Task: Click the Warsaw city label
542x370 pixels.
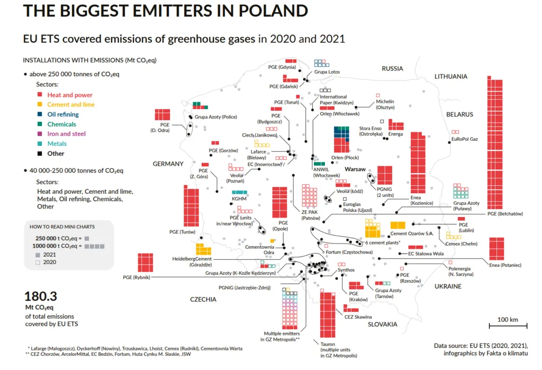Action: click(356, 169)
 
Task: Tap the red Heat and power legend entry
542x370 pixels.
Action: click(69, 95)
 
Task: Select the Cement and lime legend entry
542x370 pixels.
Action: click(71, 105)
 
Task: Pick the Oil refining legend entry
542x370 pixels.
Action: click(62, 114)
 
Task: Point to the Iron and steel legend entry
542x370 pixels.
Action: click(66, 134)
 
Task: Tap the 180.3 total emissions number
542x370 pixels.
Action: click(41, 296)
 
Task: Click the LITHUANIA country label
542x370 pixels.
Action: click(450, 77)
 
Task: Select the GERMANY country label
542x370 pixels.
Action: click(168, 164)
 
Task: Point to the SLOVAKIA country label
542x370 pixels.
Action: click(382, 324)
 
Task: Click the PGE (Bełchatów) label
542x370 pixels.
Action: click(505, 214)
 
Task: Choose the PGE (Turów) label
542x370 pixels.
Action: click(183, 232)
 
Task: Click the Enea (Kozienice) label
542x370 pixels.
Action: click(422, 200)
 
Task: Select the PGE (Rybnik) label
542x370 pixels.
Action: click(137, 277)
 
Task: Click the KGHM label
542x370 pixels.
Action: click(239, 199)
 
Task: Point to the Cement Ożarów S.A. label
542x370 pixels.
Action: click(412, 233)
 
